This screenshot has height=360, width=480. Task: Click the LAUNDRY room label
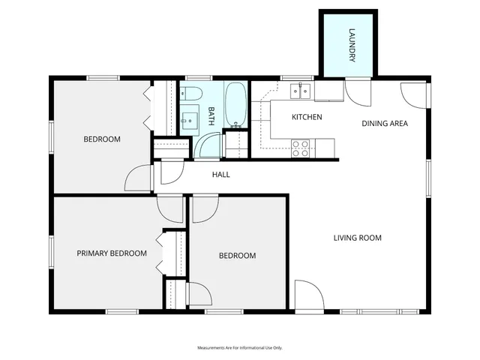tap(352, 44)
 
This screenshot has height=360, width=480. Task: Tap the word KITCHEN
tap(307, 118)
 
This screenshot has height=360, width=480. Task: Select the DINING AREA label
tap(385, 124)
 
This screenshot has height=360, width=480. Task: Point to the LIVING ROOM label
tap(358, 238)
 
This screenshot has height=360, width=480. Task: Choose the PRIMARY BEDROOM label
tap(112, 253)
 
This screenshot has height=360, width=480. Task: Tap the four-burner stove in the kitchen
tap(300, 148)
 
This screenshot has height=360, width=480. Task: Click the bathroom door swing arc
tap(207, 145)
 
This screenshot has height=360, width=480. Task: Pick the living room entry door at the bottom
tap(307, 294)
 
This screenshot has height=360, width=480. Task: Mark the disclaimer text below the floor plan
tap(240, 348)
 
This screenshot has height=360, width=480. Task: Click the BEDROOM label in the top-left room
tap(101, 139)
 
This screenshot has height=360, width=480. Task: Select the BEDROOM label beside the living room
tap(237, 256)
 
